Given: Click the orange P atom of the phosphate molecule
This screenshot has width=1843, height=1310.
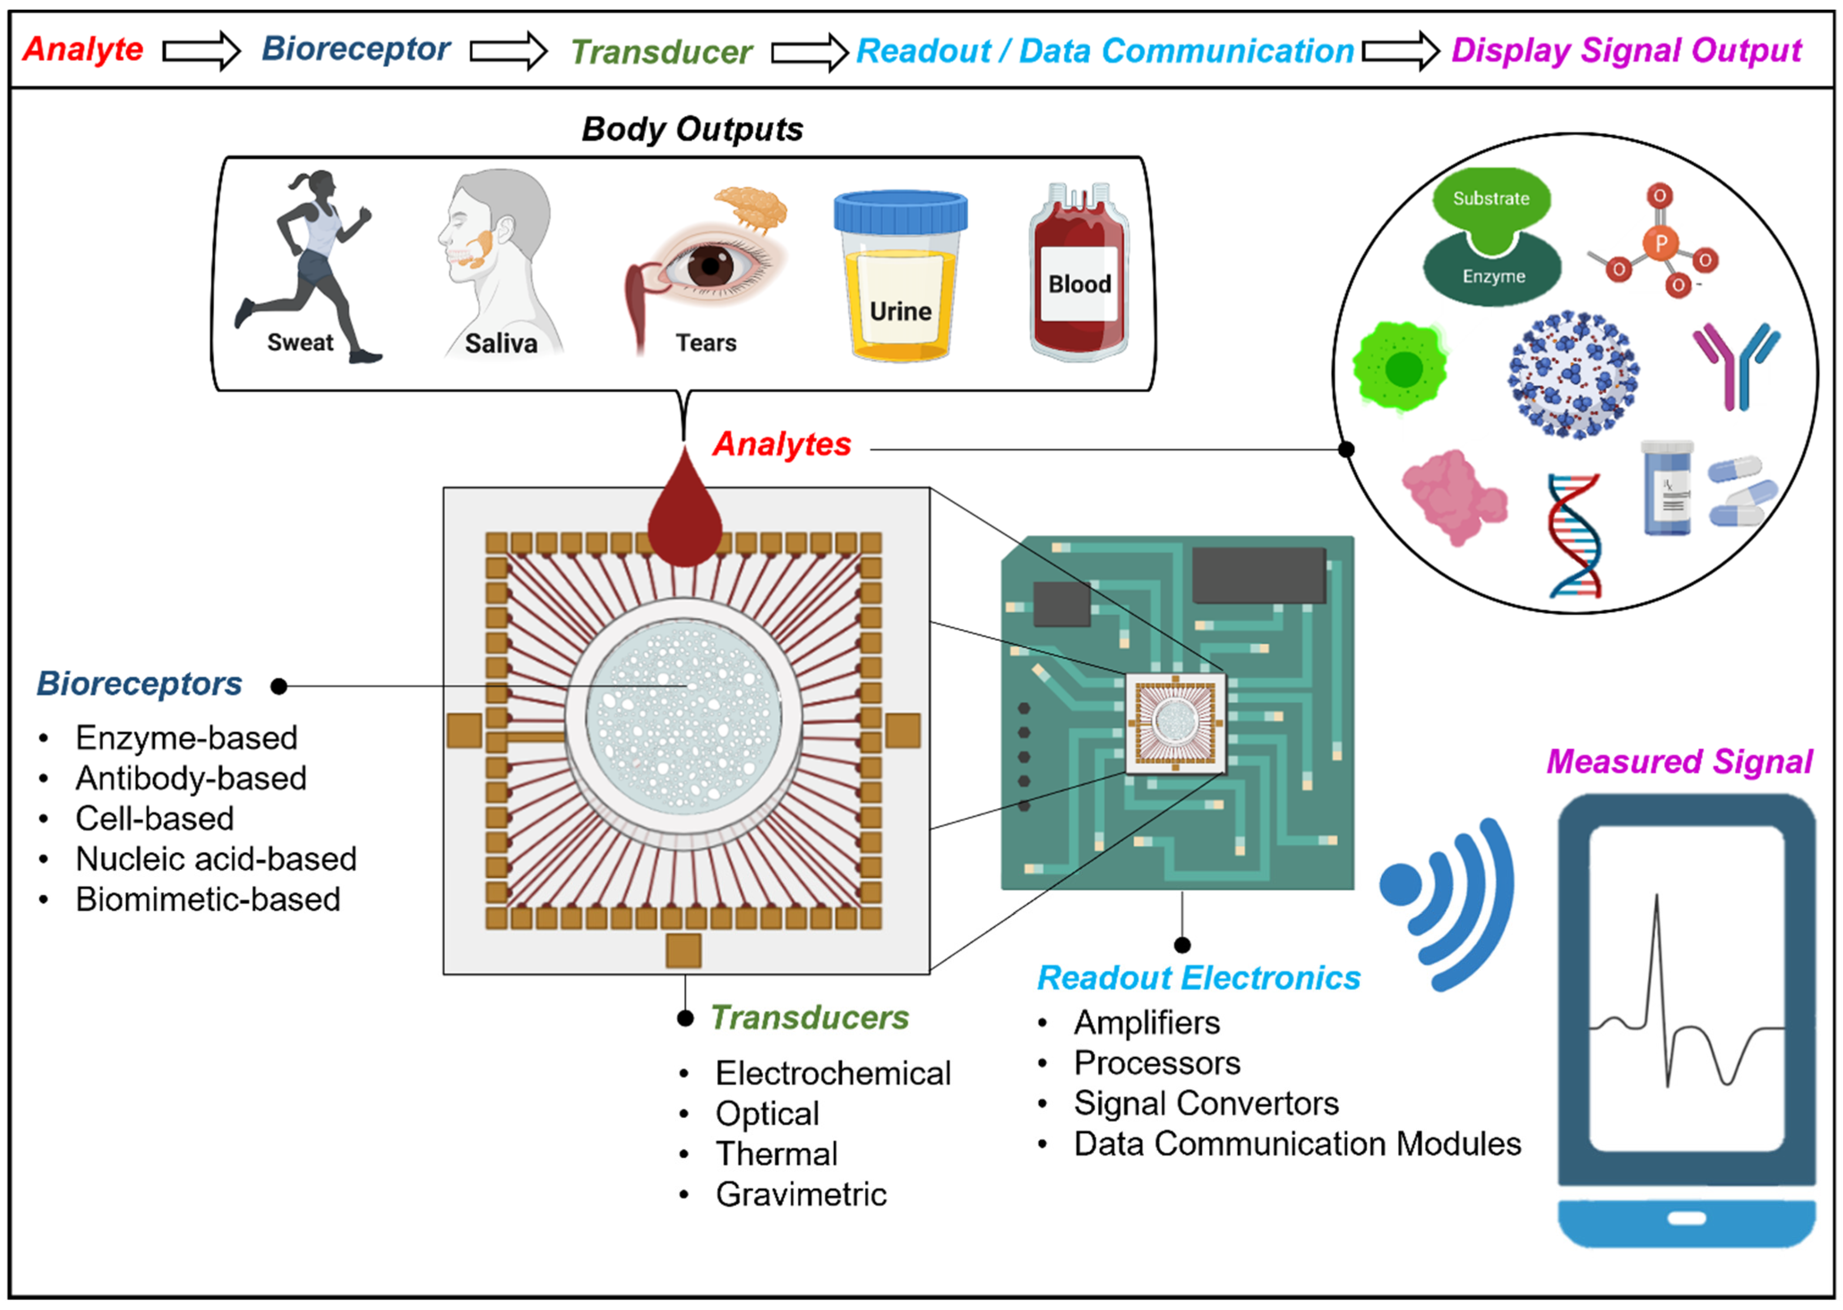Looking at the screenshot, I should click(1661, 243).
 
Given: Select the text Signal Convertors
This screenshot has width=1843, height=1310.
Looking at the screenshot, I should click(1206, 1103).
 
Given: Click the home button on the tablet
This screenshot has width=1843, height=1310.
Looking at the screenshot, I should click(1686, 1218).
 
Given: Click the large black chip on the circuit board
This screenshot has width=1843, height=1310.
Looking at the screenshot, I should click(1259, 574).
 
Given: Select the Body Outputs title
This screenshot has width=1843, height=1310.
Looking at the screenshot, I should click(692, 129).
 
